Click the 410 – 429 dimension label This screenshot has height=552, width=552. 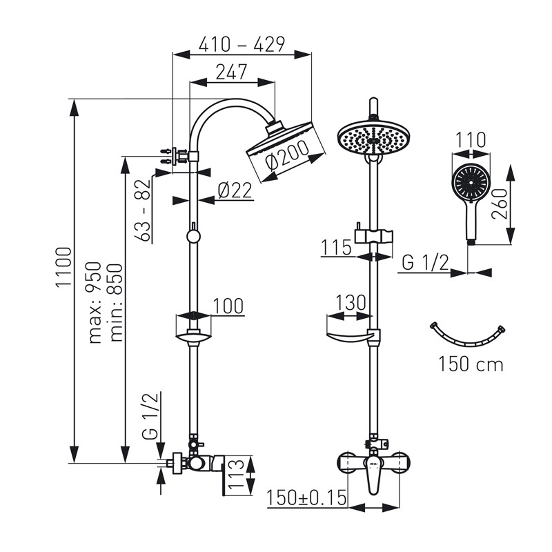click(x=241, y=44)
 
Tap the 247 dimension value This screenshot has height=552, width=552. click(x=231, y=72)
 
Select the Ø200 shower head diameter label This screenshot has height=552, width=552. click(x=287, y=157)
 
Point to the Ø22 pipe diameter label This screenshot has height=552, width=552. click(x=235, y=190)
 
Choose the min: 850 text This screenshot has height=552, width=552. click(x=116, y=302)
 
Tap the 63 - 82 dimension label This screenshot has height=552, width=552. click(x=144, y=210)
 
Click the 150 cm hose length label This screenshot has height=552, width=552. click(x=471, y=364)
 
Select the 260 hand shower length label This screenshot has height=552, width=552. click(x=500, y=204)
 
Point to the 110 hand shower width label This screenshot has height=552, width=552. click(x=471, y=140)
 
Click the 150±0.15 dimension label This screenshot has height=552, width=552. click(x=306, y=497)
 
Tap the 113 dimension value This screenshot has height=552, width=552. click(x=236, y=474)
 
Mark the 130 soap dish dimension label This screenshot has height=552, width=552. click(x=351, y=302)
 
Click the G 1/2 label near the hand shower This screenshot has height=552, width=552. click(x=425, y=263)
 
